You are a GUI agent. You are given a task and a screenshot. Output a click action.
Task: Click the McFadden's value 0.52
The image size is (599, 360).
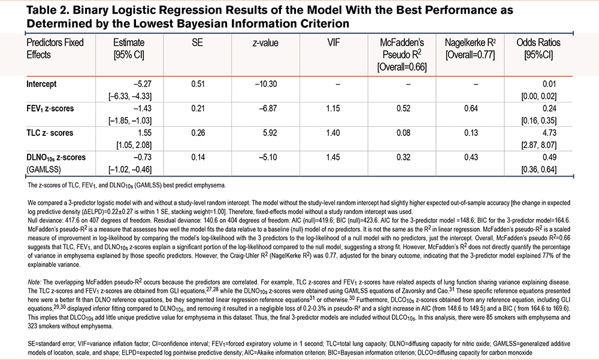409,111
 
